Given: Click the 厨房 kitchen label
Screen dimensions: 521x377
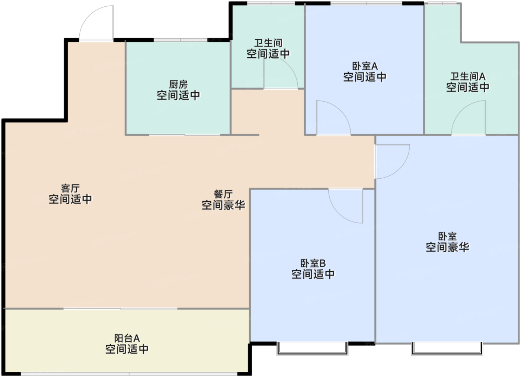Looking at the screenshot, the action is tap(178, 84).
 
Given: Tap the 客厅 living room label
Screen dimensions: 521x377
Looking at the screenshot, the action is tap(70, 188).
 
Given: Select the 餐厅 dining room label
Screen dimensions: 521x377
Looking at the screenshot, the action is tap(223, 194).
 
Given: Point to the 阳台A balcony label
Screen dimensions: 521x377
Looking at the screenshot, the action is tap(127, 338).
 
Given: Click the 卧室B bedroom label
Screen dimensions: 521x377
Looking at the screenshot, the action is tap(313, 263).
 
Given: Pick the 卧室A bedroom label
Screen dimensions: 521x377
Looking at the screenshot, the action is tap(365, 66).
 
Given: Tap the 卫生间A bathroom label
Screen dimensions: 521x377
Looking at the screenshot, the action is tap(468, 76).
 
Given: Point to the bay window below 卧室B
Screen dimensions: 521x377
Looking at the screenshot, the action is tap(312, 349).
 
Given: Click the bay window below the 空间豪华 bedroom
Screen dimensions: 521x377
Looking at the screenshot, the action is tap(447, 349).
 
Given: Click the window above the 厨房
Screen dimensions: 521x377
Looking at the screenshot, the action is tap(180, 40).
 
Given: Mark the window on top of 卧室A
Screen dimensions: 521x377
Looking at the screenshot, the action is tap(366, 3).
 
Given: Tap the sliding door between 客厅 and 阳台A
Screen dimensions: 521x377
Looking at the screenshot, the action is tap(121, 309).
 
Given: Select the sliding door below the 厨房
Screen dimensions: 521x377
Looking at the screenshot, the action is tap(185, 135).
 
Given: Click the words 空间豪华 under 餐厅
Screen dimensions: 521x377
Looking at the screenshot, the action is tap(223, 205).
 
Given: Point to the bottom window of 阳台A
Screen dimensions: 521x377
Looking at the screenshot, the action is tap(129, 374).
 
